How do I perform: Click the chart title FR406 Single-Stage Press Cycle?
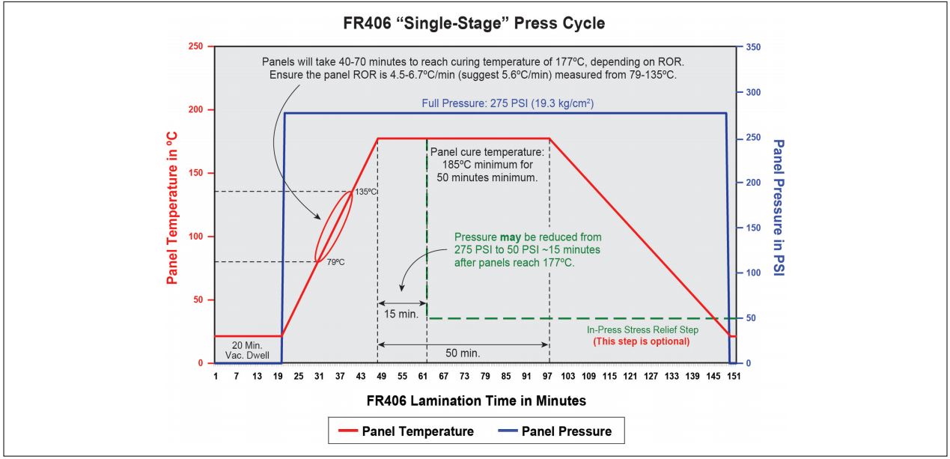pos(475,23)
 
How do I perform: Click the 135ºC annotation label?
pos(365,192)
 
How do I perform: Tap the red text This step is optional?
pos(641,341)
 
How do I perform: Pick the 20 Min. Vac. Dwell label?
pos(248,350)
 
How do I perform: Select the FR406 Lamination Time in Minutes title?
pos(476,401)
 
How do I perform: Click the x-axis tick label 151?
pos(733,375)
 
